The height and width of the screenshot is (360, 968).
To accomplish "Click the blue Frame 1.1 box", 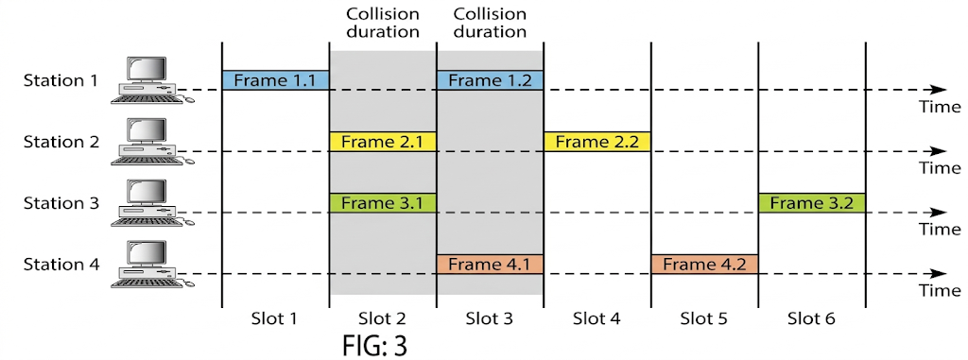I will tap(275, 80).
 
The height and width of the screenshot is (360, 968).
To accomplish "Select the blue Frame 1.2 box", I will tap(490, 80).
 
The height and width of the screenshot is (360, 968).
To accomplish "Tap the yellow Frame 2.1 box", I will tap(382, 142).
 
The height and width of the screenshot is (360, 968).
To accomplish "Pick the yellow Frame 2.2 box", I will tap(596, 142).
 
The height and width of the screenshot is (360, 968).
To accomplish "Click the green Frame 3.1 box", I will tap(382, 203).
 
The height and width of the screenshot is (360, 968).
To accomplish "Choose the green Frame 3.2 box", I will tap(811, 203).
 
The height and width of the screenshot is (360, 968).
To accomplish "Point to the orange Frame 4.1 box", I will tap(490, 265).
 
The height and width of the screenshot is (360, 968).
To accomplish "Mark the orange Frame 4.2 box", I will tap(704, 265).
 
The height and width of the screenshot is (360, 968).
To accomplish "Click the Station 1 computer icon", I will tap(147, 79).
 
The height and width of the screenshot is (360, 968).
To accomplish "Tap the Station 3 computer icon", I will tap(147, 202).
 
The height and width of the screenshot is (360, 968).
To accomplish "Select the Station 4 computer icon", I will tap(147, 264).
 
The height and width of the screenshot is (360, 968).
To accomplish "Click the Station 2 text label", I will tap(60, 142).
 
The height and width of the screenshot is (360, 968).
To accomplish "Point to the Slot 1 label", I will tap(275, 319).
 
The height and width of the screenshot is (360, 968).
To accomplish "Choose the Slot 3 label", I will tap(490, 319).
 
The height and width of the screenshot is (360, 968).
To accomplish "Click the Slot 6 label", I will tap(811, 319).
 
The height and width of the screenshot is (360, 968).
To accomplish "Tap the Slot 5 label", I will tap(704, 319).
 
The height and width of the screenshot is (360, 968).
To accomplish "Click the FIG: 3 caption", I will tap(374, 345).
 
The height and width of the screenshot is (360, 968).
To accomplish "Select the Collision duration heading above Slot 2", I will tap(382, 23).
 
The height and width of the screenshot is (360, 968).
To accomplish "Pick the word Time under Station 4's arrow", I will tap(940, 291).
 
